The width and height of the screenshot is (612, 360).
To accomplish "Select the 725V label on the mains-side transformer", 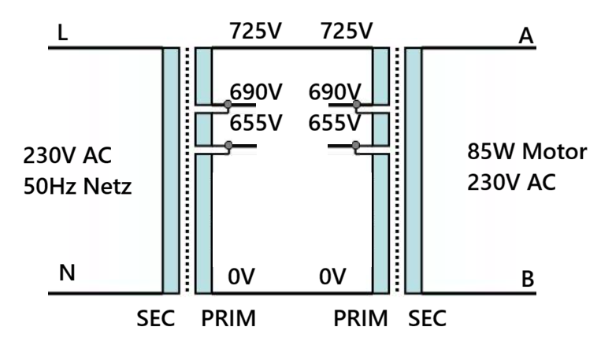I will pos(256,32).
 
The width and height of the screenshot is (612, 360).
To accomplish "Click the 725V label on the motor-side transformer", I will pos(347,32).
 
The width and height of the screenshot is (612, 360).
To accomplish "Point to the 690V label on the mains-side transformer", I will pos(256,91).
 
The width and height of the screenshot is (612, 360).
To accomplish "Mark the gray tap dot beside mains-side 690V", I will pos(228,105).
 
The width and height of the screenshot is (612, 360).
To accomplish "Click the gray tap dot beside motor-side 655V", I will pos(356,145).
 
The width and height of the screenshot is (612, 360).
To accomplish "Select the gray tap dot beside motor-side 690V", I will pos(356,105).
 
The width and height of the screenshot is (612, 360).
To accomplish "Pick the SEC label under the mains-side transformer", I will pos(152,320).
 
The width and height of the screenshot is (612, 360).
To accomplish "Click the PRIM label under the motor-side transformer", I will pos(361,320).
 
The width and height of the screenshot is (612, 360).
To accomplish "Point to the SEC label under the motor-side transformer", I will pos(428,320).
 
